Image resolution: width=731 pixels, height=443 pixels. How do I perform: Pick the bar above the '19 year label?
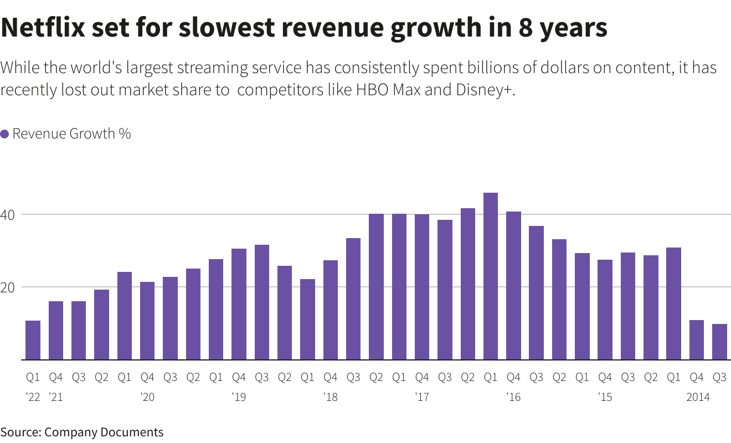[x=239, y=304]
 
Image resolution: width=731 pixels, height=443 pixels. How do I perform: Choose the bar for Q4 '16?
[x=513, y=285]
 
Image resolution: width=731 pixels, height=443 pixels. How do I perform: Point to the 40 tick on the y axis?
[x=11, y=214]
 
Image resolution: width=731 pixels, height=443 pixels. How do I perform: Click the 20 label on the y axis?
[x=11, y=287]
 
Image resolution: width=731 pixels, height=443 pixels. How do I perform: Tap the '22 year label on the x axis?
[x=33, y=397]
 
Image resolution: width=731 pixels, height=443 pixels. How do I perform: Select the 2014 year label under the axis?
[x=698, y=397]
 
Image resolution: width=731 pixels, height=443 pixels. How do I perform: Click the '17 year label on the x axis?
[x=422, y=397]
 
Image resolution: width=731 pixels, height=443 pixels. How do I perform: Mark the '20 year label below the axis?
[x=147, y=397]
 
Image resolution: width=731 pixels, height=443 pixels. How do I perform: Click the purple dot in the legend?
[x=4, y=134]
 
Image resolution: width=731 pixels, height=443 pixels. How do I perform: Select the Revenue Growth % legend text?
[x=71, y=133]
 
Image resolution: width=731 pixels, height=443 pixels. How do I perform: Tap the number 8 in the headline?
[x=527, y=28]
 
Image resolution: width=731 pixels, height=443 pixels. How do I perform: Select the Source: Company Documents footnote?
[x=82, y=432]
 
